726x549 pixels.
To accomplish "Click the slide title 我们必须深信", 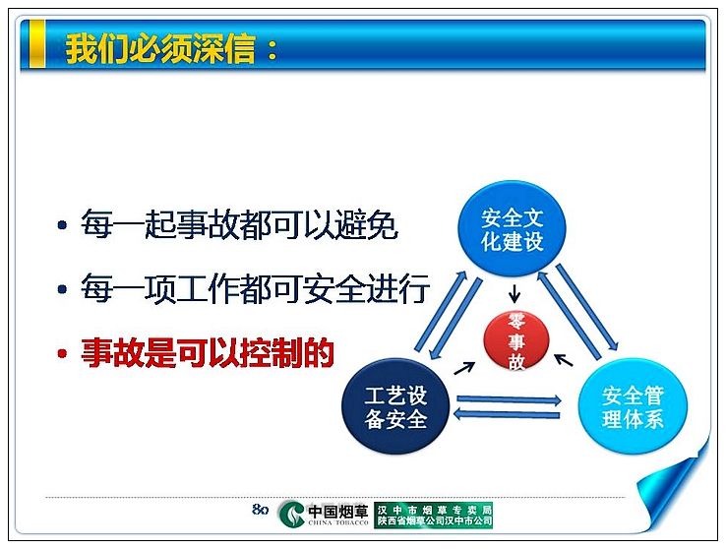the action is coord(160,47).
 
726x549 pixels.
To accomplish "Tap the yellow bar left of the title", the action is coord(37,44).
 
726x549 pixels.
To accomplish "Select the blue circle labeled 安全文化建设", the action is coord(513,229).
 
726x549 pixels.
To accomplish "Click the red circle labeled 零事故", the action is coord(516,341).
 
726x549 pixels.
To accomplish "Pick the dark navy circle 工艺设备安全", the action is coord(395,406).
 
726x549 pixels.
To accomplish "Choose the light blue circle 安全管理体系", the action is coord(633,407).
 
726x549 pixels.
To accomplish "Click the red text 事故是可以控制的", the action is coord(208,353).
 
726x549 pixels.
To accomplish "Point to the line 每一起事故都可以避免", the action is coord(239,224).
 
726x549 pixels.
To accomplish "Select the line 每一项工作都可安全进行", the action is coord(256,289).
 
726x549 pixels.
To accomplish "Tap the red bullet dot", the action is coord(63,353).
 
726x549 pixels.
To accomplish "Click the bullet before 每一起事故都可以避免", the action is coord(63,225).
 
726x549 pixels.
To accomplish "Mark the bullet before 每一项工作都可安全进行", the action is coord(63,289).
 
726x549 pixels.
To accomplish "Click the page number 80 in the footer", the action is coord(261,510).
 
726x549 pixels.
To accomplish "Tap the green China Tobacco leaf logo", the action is coord(292,515).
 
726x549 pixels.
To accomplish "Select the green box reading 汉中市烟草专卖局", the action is coord(434,515).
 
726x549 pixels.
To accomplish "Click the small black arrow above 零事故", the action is coord(514,293).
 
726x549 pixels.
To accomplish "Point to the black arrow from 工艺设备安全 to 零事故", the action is coord(465,368).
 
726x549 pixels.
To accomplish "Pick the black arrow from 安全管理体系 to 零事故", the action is coord(564,360).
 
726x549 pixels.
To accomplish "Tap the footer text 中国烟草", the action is coord(338,511).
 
